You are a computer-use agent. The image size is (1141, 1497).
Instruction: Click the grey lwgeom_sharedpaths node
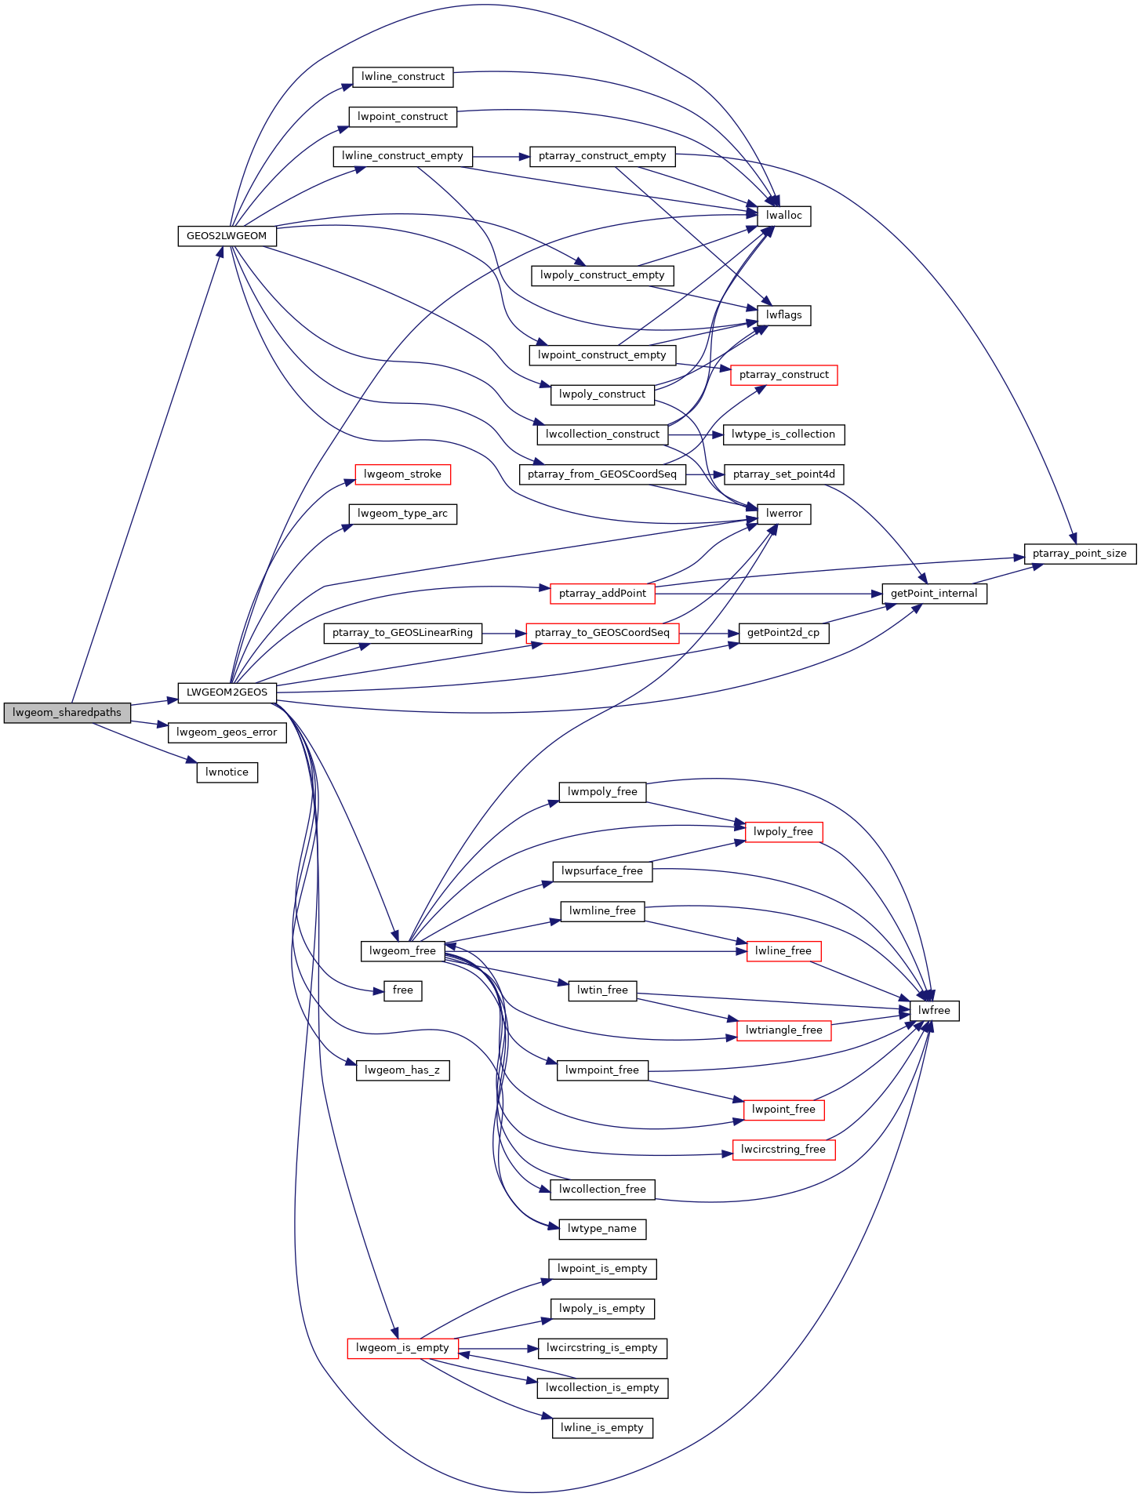67,713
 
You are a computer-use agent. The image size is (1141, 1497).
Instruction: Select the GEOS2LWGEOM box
227,236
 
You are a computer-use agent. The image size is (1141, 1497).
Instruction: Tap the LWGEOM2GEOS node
227,692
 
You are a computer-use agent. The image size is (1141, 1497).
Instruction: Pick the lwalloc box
784,216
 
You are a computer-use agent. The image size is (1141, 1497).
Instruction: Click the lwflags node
784,315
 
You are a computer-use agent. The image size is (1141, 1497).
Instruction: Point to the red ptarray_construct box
783,375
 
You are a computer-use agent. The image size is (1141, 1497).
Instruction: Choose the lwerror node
784,514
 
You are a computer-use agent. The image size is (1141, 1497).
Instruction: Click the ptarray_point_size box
1079,554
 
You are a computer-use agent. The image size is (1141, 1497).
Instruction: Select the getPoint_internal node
934,594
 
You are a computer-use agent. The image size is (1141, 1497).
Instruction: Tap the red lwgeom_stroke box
402,474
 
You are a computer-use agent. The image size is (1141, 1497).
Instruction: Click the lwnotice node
227,772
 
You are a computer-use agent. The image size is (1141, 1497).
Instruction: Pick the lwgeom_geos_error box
227,732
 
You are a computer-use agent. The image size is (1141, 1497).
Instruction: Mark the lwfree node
934,1011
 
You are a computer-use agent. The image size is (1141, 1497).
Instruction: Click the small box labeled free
402,990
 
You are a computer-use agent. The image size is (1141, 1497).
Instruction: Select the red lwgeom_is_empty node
402,1348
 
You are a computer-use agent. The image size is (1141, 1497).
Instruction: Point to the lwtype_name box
602,1229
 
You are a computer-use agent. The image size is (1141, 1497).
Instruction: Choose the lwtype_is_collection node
783,434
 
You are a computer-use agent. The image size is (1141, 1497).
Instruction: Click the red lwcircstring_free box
783,1150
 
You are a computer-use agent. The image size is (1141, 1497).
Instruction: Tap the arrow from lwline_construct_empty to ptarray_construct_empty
501,157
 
